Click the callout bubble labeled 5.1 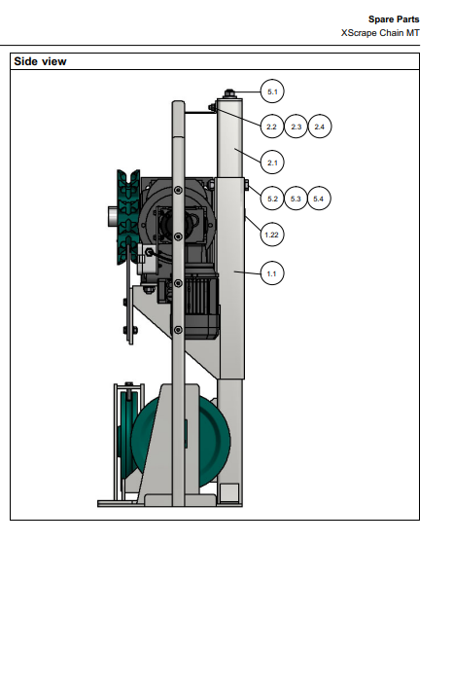point(272,91)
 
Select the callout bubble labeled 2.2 point(272,127)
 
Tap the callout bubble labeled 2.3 point(296,127)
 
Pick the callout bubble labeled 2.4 point(320,127)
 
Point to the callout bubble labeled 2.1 point(272,163)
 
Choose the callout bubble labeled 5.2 point(272,199)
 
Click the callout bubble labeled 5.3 point(296,199)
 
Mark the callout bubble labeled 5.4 point(319,199)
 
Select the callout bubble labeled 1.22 point(271,235)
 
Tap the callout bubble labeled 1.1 point(271,273)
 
